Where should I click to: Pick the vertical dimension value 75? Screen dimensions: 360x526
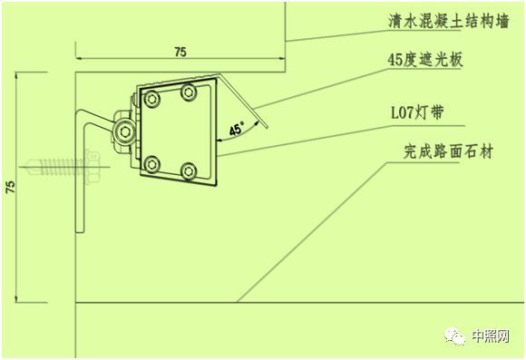coord(9,188)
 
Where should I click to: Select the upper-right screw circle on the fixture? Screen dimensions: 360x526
coord(189,91)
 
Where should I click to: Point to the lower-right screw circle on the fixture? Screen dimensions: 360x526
coord(190,170)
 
